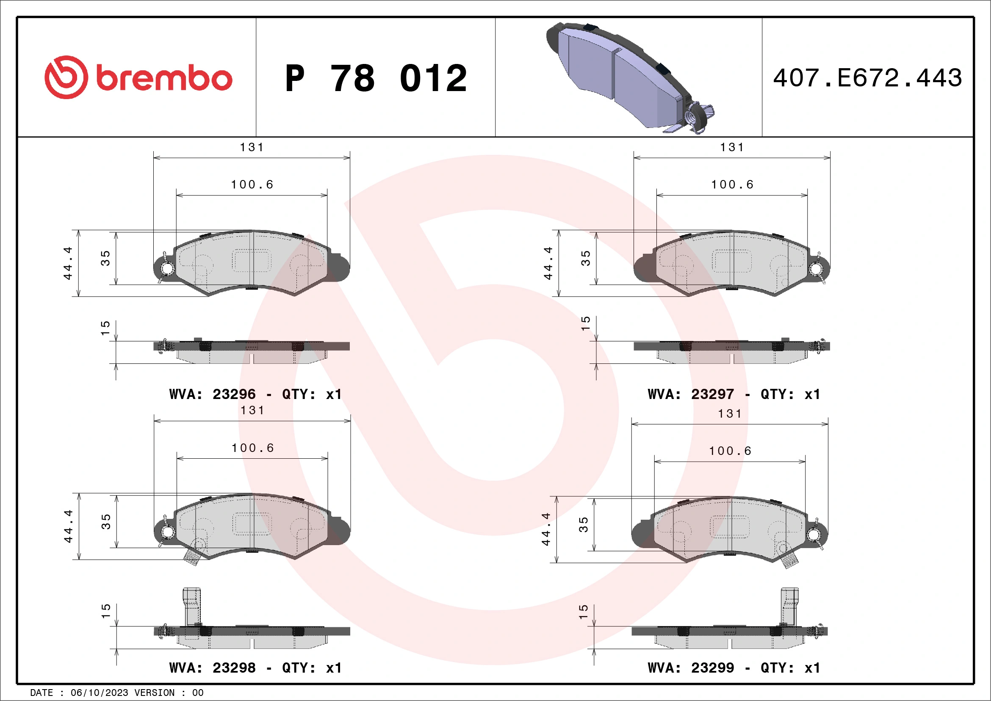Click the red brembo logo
[138, 78]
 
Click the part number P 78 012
[376, 78]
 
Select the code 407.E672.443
[868, 78]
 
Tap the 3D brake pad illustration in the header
[626, 75]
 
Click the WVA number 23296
[234, 394]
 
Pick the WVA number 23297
[712, 394]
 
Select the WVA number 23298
[234, 668]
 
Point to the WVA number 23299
[712, 668]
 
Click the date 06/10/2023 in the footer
[99, 693]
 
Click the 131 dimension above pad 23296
[252, 148]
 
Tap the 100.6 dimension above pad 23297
[732, 185]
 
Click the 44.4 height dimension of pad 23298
[68, 526]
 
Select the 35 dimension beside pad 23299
[583, 524]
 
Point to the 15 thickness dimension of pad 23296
[105, 328]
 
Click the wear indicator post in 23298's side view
[192, 607]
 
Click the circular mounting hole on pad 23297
[815, 269]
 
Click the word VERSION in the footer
[155, 693]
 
